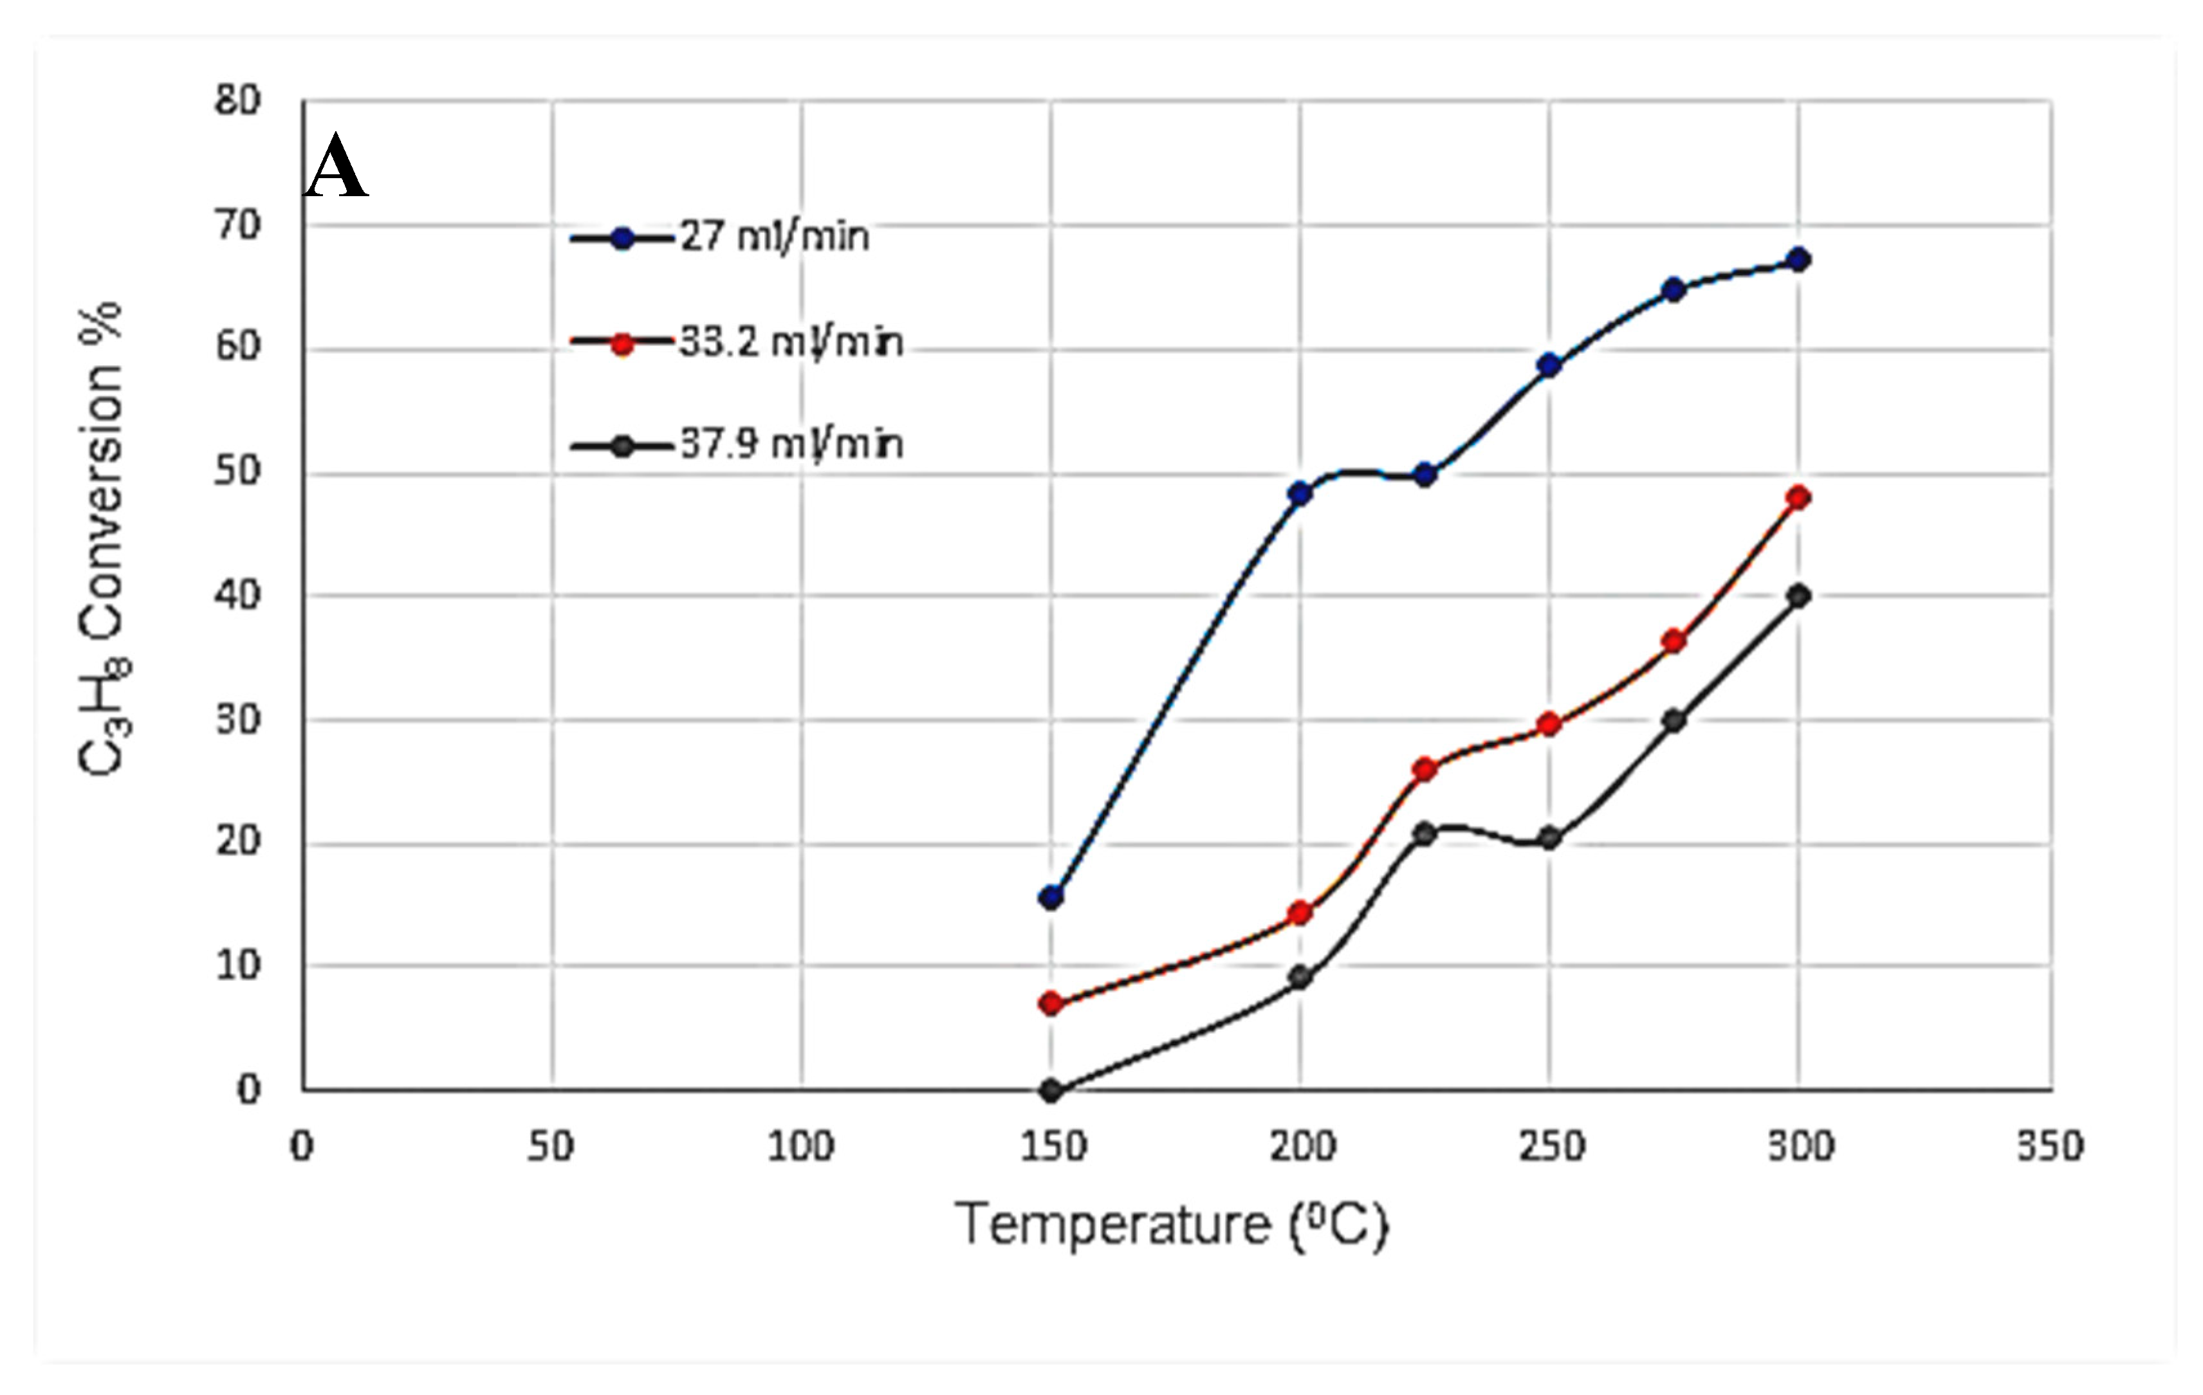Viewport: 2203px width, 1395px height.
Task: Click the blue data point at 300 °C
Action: pos(1799,260)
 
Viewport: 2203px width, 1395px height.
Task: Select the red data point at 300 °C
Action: pos(1799,498)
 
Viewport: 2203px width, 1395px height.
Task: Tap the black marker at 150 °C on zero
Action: pos(1051,1090)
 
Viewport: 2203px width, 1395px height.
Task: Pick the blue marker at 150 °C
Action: pos(1051,897)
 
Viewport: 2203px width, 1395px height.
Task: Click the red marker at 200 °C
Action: pos(1300,912)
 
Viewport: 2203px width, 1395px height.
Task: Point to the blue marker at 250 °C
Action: pos(1549,365)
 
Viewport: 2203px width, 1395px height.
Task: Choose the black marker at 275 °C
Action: pos(1674,721)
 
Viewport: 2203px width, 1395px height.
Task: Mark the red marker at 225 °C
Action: pos(1424,769)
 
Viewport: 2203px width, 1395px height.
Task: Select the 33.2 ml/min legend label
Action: pos(791,343)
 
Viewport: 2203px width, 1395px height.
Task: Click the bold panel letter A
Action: pos(336,167)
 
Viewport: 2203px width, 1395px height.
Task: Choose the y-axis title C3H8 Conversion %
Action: pos(102,540)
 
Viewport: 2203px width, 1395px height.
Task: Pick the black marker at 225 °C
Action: pos(1424,834)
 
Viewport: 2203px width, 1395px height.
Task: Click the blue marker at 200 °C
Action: pos(1300,494)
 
